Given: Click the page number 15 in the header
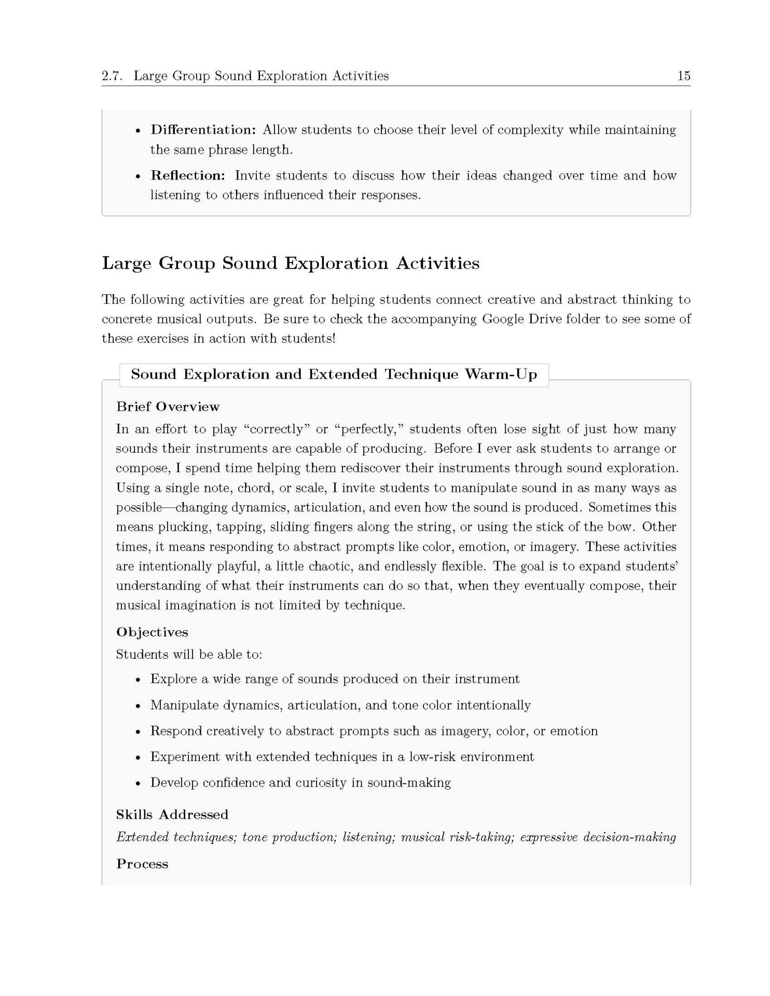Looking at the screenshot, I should pos(683,76).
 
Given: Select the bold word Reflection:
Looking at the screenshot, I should pos(188,175).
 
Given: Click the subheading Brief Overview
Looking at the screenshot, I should pos(168,407).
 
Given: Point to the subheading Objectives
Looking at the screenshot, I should pos(152,632).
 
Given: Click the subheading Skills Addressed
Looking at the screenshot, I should pos(172,814).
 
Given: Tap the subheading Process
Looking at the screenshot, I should pos(142,864).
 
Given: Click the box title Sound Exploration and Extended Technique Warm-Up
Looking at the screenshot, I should pos(334,375).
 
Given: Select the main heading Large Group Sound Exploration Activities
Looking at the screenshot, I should pos(291,263).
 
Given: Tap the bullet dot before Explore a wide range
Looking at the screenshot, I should pos(137,680).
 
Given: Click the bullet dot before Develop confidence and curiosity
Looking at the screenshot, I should pos(137,783).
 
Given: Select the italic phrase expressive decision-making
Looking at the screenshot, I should pos(598,837).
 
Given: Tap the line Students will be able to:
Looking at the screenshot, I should pos(189,655).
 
